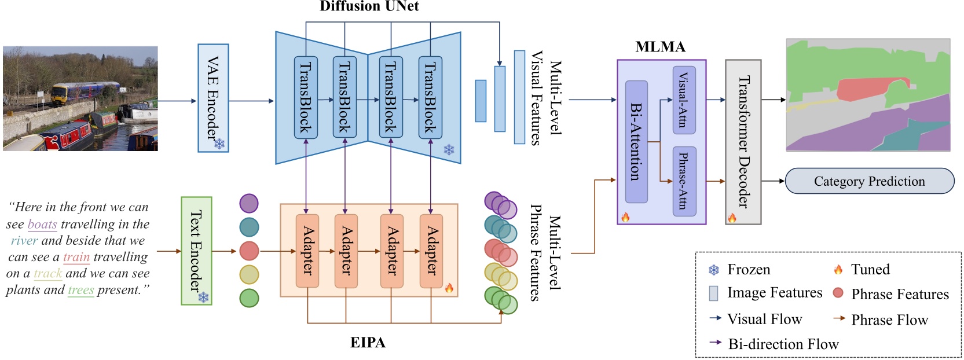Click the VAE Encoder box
click(x=213, y=98)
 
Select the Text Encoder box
click(x=196, y=251)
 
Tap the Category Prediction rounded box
click(x=869, y=181)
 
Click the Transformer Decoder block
click(x=743, y=142)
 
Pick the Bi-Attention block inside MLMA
click(x=636, y=142)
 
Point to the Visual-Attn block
click(x=684, y=100)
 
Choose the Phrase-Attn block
click(x=684, y=181)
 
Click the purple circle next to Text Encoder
click(x=249, y=204)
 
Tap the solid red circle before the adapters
click(x=249, y=251)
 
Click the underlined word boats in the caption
click(x=42, y=224)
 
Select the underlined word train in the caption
click(x=76, y=257)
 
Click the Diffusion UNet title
click(x=369, y=6)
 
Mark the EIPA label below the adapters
click(x=368, y=343)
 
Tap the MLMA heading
click(x=660, y=47)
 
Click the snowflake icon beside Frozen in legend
click(x=714, y=270)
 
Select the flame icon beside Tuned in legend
click(x=838, y=270)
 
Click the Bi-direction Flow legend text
click(x=783, y=344)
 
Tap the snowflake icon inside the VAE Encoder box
click(x=219, y=144)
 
